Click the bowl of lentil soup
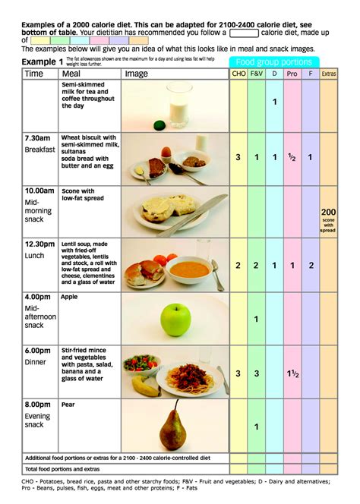coord(188,268)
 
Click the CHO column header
coord(238,74)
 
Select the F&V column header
coord(256,74)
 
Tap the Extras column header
coord(329,74)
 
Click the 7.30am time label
coord(39,139)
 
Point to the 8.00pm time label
coord(39,405)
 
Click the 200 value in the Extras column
coord(329,212)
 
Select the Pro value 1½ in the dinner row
coord(292,373)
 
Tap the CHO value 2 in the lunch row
coord(238,266)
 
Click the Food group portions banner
coord(274,61)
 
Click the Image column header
coord(137,74)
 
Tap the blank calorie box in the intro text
coord(244,33)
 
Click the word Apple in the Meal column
coord(69,297)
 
